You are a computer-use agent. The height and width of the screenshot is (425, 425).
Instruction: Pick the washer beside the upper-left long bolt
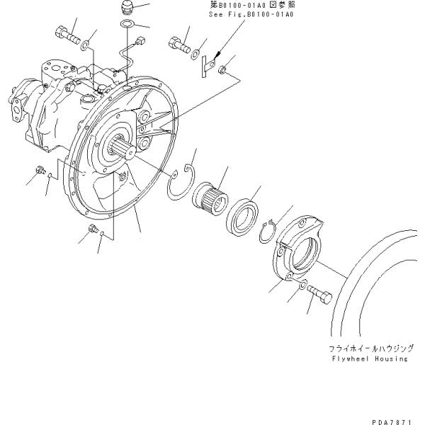coord(84,47)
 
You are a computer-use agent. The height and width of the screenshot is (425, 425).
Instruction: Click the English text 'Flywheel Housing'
coord(368,358)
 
